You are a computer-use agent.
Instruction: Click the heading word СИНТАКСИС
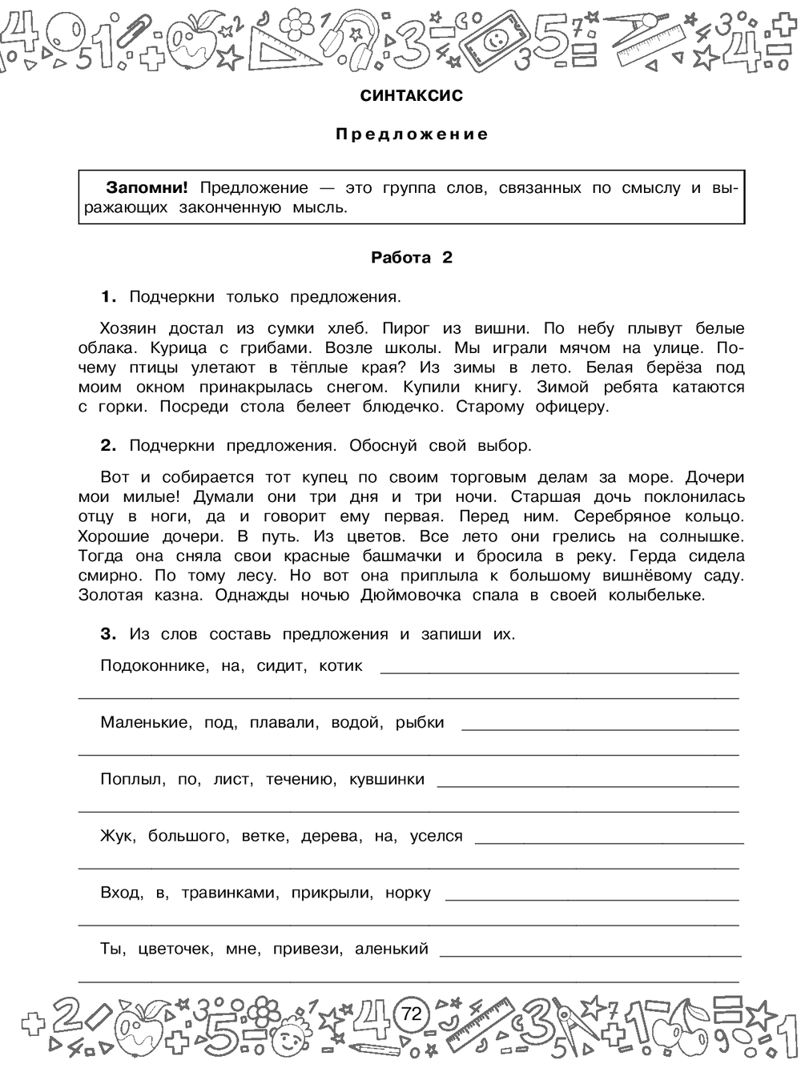click(412, 96)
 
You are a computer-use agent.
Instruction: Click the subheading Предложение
click(412, 134)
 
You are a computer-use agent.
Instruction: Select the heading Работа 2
click(412, 258)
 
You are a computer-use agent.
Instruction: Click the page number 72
click(411, 1014)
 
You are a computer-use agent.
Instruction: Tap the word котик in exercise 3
click(340, 666)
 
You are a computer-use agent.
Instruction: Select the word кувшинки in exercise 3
click(387, 779)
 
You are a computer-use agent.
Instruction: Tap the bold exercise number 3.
click(109, 634)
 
